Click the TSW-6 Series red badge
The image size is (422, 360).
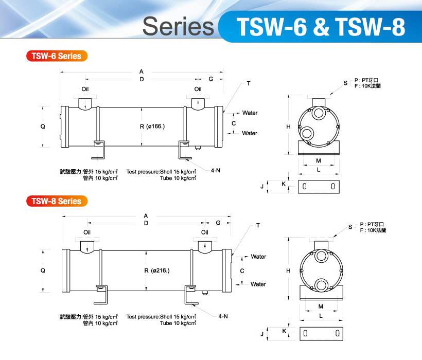[x=57, y=56]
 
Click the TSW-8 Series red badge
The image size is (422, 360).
[x=57, y=201]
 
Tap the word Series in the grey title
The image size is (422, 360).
[x=178, y=26]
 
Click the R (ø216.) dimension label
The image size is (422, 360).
[x=156, y=271]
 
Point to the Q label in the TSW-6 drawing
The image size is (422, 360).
[x=43, y=126]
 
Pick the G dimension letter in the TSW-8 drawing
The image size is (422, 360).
[x=218, y=223]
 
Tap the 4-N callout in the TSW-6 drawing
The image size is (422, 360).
[x=217, y=168]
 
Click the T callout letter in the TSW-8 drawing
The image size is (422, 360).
[x=258, y=226]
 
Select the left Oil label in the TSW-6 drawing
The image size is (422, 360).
[x=85, y=89]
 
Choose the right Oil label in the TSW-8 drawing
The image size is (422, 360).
[x=205, y=232]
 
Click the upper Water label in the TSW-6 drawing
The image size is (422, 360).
[x=250, y=113]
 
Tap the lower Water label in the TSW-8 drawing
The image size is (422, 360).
[x=258, y=284]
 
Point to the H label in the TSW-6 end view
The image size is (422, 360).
[x=289, y=126]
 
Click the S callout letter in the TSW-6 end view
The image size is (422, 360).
[x=345, y=83]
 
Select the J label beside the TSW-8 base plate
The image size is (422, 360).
[x=262, y=334]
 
